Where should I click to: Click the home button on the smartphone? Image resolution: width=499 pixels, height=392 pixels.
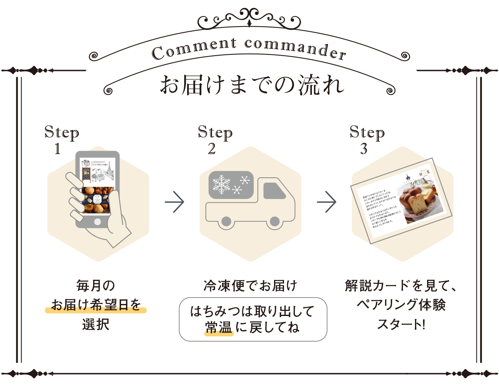pyautogui.click(x=97, y=221)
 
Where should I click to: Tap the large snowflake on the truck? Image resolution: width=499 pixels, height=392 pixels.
pyautogui.click(x=222, y=184)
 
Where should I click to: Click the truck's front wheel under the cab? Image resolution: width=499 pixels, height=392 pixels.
pyautogui.click(x=274, y=221)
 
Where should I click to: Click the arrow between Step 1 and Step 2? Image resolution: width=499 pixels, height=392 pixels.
pyautogui.click(x=175, y=203)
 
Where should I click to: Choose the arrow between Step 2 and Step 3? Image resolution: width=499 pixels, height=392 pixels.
pyautogui.click(x=327, y=203)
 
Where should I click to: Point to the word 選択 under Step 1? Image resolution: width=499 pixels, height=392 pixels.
pyautogui.click(x=96, y=324)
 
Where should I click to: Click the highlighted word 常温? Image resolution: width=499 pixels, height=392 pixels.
pyautogui.click(x=218, y=328)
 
